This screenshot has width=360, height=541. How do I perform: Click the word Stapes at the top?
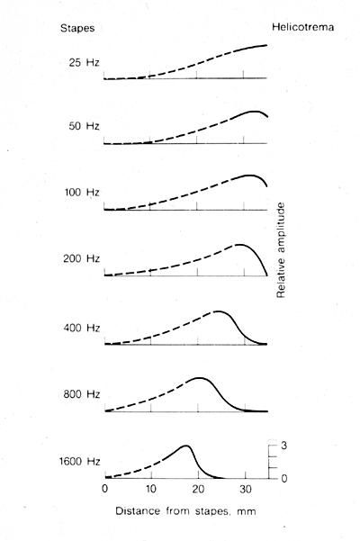[77, 28]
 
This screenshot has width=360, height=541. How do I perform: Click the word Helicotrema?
[302, 27]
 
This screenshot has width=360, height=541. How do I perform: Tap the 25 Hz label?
[84, 63]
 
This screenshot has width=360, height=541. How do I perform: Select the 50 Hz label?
[84, 126]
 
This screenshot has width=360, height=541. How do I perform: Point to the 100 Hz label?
[82, 192]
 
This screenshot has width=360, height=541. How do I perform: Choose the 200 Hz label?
[81, 258]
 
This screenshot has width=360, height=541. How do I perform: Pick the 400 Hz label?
[82, 328]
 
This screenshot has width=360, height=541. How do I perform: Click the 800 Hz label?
[81, 394]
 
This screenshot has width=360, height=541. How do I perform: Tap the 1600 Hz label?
[80, 461]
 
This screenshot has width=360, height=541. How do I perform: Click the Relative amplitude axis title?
[281, 250]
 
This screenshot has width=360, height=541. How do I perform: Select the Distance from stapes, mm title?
[186, 511]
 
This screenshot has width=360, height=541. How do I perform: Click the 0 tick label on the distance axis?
[104, 490]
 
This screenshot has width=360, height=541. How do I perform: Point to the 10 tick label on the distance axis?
[151, 490]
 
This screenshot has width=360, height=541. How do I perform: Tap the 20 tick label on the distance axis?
[198, 490]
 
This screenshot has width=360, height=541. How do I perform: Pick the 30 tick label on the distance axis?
[245, 490]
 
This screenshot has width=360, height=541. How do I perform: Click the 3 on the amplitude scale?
[283, 446]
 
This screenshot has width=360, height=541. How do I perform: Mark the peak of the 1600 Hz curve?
[186, 446]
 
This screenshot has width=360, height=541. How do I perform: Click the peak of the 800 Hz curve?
[199, 378]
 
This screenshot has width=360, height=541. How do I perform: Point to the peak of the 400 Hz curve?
[218, 311]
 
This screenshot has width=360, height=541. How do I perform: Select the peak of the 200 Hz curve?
[238, 245]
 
